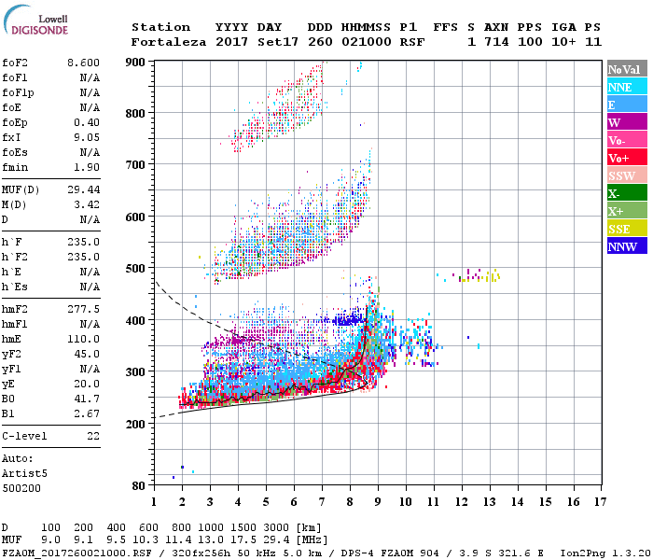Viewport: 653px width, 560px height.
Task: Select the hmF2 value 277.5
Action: click(x=83, y=307)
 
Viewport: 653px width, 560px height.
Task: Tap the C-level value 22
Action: click(x=93, y=436)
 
